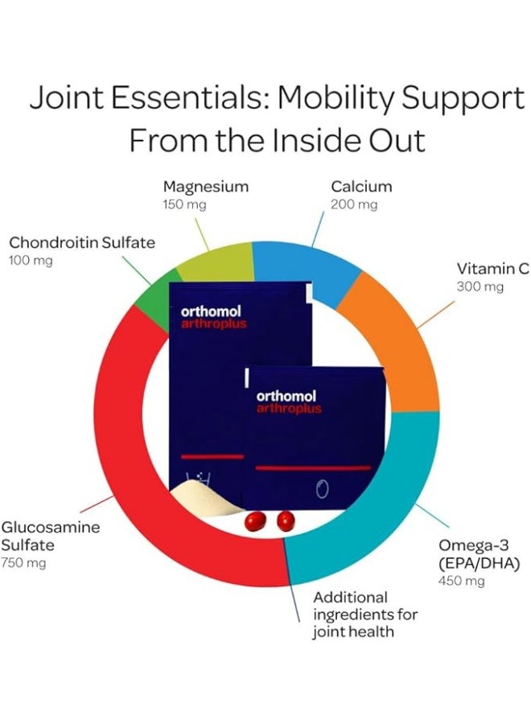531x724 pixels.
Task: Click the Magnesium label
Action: click(x=206, y=187)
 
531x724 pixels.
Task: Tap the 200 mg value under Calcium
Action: click(x=354, y=204)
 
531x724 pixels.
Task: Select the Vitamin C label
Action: click(x=493, y=269)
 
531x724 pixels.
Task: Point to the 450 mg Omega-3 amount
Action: click(x=462, y=580)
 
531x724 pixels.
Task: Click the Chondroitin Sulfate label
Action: click(x=82, y=242)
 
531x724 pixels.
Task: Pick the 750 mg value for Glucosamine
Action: click(x=23, y=563)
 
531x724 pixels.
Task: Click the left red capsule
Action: click(x=255, y=521)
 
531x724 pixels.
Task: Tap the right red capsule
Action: click(x=286, y=520)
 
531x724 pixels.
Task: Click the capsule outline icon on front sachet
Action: click(x=323, y=488)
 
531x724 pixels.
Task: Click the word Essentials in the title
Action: click(x=187, y=98)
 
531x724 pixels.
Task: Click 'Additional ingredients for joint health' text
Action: click(x=365, y=615)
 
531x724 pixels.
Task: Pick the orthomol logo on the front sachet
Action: click(x=286, y=396)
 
